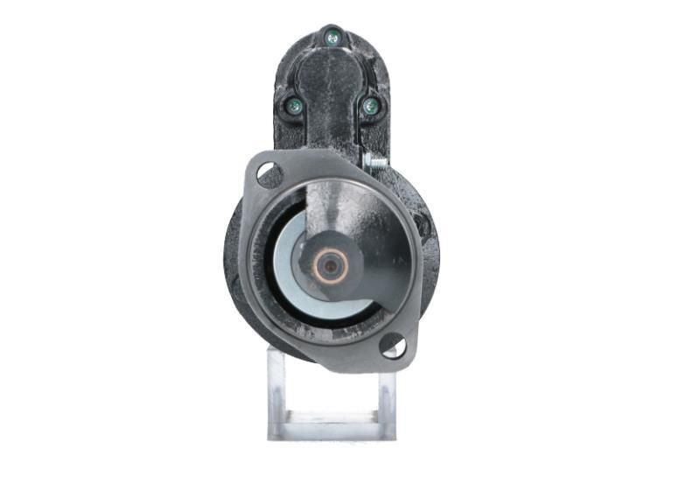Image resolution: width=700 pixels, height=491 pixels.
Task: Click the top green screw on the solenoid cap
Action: click(332, 37)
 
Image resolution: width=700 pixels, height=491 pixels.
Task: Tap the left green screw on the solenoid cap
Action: click(292, 107)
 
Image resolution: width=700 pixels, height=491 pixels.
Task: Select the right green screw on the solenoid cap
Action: click(370, 106)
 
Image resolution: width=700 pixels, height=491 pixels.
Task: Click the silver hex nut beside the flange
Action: click(369, 161)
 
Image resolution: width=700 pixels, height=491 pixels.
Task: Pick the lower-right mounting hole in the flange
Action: click(393, 346)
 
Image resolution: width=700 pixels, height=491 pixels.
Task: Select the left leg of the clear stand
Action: click(276, 394)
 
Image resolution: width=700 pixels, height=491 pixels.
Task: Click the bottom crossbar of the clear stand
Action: click(331, 430)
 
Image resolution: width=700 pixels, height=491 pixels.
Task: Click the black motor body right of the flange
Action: click(430, 245)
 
